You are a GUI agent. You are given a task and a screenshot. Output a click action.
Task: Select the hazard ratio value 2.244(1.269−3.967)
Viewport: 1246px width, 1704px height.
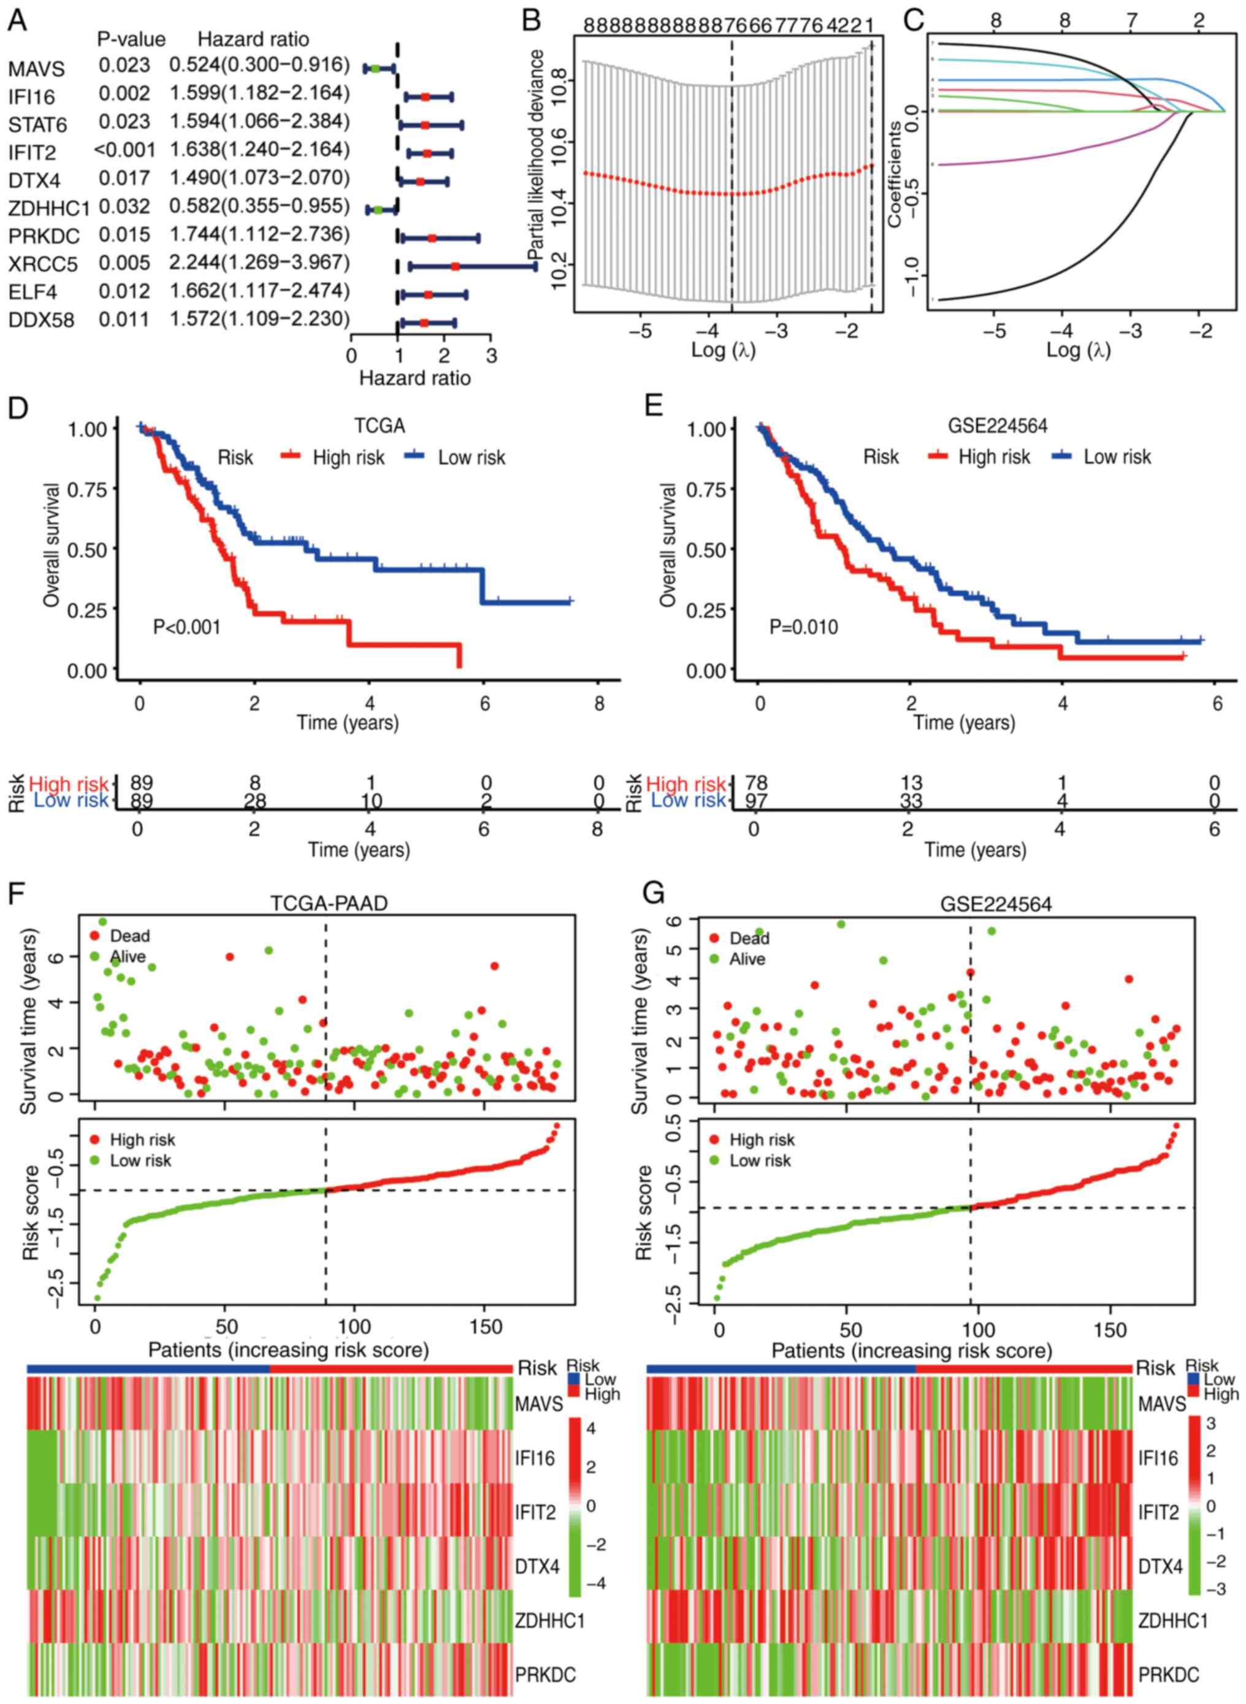point(259,263)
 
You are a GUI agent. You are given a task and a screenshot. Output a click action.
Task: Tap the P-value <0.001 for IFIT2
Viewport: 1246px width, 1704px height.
point(124,151)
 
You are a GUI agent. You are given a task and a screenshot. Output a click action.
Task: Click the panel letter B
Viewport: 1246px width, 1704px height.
point(531,19)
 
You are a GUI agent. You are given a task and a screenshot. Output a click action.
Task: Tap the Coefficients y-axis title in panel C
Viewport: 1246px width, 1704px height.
point(895,174)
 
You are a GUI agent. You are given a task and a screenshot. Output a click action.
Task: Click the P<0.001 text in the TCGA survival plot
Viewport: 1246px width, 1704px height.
point(187,626)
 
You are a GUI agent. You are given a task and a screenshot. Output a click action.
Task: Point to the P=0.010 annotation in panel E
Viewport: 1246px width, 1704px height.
point(803,627)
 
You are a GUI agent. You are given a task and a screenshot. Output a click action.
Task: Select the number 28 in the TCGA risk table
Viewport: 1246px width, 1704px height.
point(255,800)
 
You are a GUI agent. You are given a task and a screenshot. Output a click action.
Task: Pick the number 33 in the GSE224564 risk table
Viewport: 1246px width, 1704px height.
point(911,800)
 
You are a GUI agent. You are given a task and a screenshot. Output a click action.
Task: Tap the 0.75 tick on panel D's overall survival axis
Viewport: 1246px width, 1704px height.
point(88,489)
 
